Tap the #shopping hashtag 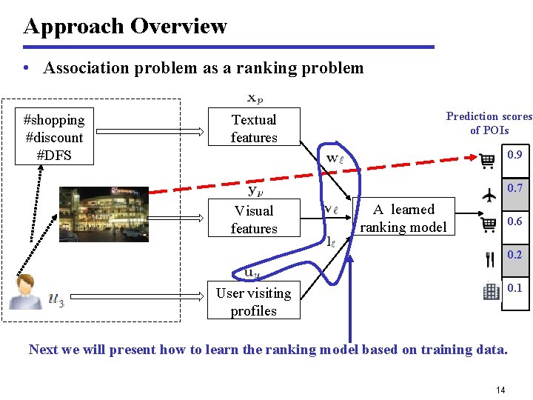click(54, 119)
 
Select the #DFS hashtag click(54, 156)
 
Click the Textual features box click(254, 128)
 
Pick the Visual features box click(254, 219)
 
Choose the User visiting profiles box click(254, 301)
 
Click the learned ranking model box click(403, 219)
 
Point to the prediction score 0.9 click(514, 155)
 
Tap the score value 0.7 click(514, 188)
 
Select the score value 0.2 click(514, 255)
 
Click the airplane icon click(489, 194)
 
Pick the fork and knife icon click(489, 259)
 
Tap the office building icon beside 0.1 click(491, 291)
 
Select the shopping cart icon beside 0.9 click(487, 161)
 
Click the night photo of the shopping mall click(104, 213)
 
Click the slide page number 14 click(500, 390)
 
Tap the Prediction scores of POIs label click(489, 123)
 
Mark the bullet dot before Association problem click(27, 69)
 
